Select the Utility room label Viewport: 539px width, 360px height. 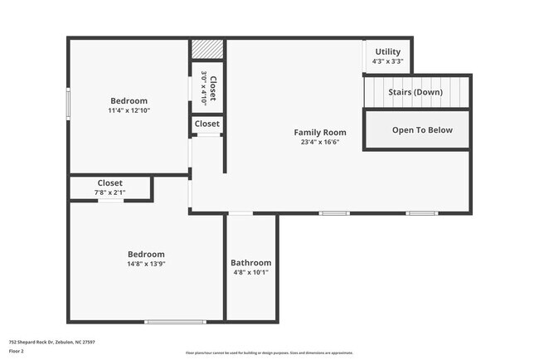[x=387, y=51]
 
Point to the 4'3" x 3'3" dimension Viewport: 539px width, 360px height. [x=387, y=61]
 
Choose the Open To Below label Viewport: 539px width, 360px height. [x=417, y=129]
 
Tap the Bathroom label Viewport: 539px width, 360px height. [x=250, y=262]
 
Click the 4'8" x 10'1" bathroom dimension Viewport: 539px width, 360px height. [x=250, y=272]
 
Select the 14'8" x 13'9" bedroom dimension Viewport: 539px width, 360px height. [x=146, y=264]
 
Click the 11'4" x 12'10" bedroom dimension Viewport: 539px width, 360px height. [x=129, y=110]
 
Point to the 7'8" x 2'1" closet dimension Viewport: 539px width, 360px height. [x=109, y=192]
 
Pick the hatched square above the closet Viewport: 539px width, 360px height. [x=206, y=49]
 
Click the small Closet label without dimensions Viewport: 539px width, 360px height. [x=207, y=124]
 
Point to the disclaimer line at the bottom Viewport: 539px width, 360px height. [x=269, y=352]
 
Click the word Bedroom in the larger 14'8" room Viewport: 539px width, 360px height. [x=146, y=254]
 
